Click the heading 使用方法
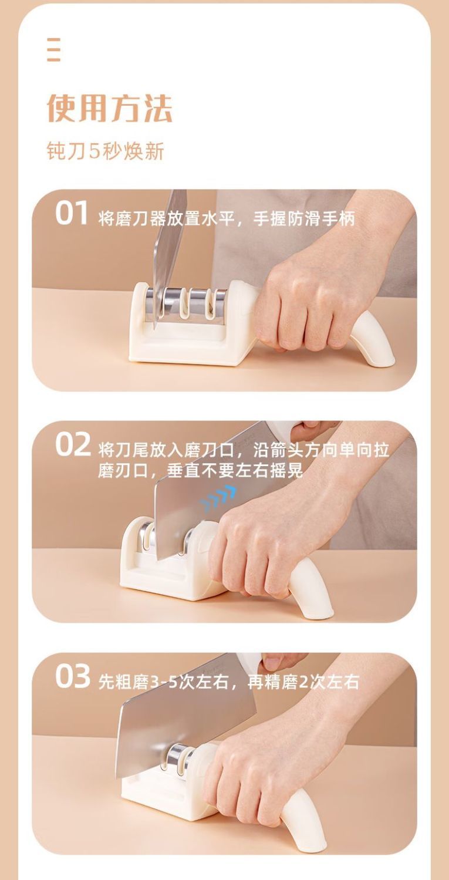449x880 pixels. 110,108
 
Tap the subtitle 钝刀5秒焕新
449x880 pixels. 105,151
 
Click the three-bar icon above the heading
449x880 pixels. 54,50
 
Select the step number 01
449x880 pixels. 71,213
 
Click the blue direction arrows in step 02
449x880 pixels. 217,497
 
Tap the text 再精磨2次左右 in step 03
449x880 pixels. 303,682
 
